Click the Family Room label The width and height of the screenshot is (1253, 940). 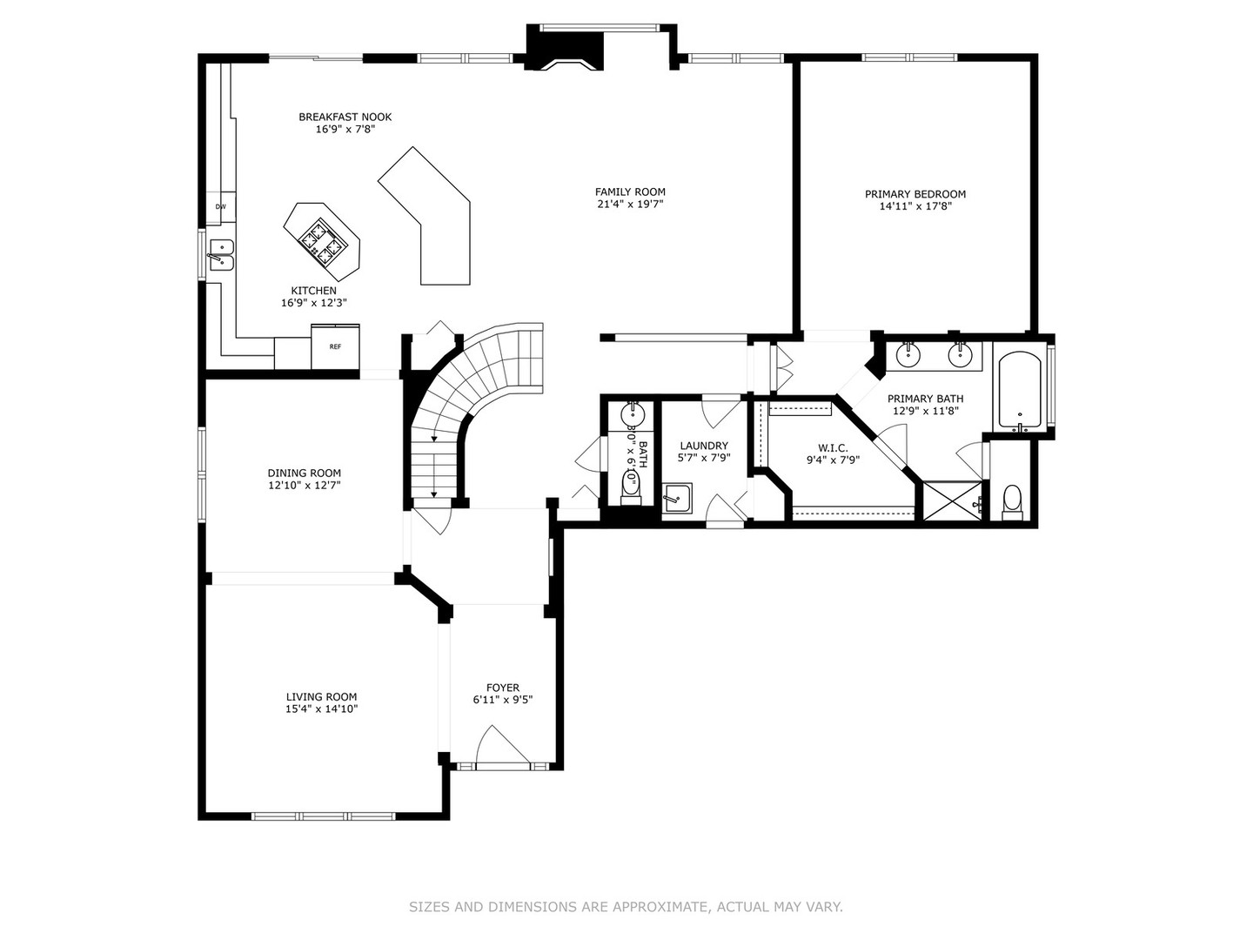[630, 192]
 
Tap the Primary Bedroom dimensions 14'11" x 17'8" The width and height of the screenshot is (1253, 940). [915, 206]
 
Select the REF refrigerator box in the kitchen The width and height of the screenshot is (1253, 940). [335, 346]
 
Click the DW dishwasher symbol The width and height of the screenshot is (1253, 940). [220, 206]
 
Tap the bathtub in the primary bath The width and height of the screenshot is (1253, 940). [1020, 391]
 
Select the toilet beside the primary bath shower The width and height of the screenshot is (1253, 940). [1011, 501]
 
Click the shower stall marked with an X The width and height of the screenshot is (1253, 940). [953, 501]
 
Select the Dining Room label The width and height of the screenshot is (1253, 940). [304, 473]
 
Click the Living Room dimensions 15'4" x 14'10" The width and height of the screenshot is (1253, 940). [321, 709]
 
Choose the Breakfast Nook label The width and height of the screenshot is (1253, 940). [345, 117]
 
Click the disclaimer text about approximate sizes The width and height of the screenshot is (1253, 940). [626, 907]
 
